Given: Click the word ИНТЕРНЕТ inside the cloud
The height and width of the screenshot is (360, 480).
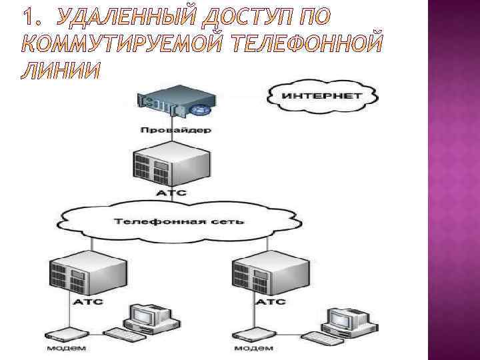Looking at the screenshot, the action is [323, 95].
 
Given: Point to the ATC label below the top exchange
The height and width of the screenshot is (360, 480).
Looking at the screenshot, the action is [171, 193].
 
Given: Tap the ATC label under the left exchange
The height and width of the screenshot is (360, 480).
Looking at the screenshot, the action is [85, 302].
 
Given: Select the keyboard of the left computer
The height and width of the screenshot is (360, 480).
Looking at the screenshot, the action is [125, 333].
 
